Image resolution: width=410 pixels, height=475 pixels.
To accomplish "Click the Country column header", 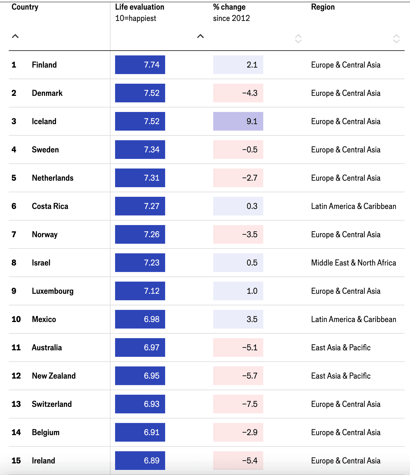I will click(x=25, y=7).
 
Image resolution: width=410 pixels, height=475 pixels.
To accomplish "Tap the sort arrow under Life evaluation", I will click(x=200, y=36).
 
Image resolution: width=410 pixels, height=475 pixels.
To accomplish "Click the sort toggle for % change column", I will click(x=298, y=39).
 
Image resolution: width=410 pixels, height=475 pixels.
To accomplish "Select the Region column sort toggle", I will click(x=396, y=39).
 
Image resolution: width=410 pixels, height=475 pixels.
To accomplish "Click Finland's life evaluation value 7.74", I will click(x=140, y=65).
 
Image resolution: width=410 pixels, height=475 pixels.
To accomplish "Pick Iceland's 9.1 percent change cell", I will click(x=238, y=121).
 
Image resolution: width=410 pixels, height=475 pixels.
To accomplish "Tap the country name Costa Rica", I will click(x=50, y=206).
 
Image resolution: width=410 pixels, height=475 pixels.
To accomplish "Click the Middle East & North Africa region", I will click(x=353, y=263).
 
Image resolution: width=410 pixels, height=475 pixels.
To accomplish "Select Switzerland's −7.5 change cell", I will click(x=238, y=404).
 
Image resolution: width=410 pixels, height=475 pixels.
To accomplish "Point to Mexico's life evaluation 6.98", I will click(x=140, y=319).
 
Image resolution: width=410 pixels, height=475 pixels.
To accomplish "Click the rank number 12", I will click(x=16, y=376).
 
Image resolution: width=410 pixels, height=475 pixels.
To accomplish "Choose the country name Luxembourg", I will click(x=53, y=291).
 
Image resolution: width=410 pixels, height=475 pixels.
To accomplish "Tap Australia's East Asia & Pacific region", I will click(x=341, y=347).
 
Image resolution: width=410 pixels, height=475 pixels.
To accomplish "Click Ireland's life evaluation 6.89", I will click(x=140, y=461).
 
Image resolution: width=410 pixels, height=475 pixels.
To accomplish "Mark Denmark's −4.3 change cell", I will click(x=238, y=93).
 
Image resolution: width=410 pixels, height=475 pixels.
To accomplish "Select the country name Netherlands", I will click(x=53, y=178).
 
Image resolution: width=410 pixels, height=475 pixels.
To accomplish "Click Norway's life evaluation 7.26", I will click(x=140, y=234).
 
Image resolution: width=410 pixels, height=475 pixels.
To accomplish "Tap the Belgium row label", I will click(x=46, y=432).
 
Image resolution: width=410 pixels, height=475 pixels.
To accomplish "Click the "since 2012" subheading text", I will click(x=231, y=18).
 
